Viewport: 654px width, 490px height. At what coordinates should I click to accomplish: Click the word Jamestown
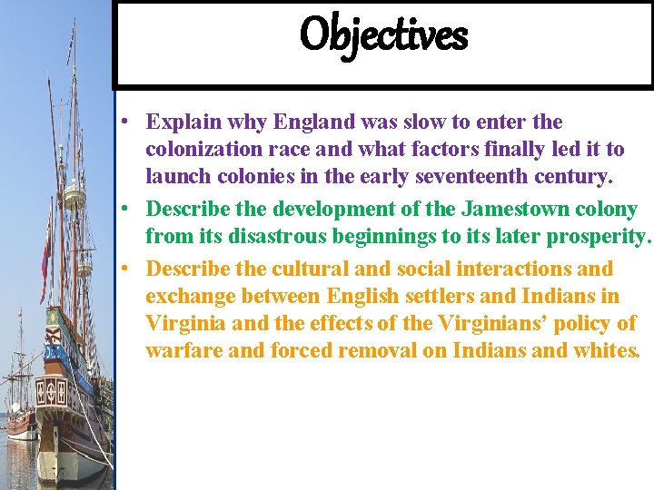click(x=513, y=210)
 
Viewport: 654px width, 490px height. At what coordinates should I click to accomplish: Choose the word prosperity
click(x=598, y=238)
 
